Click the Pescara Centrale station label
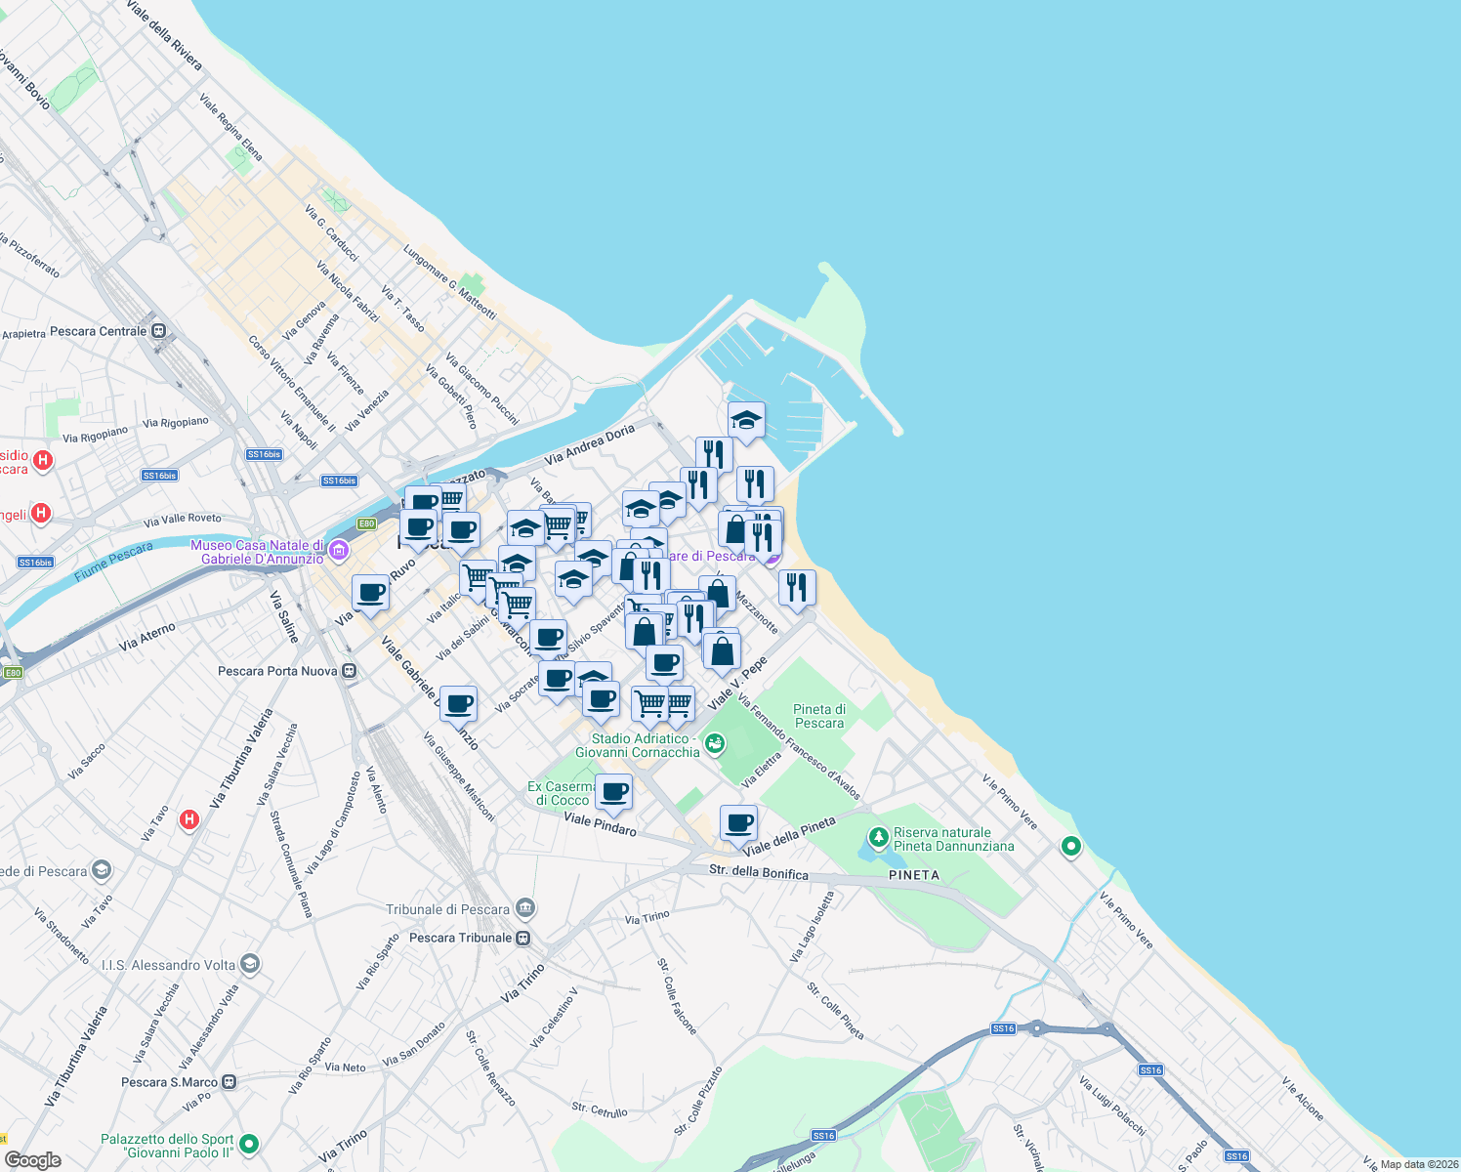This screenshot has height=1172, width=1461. pyautogui.click(x=98, y=331)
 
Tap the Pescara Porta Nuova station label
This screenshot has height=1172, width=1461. pyautogui.click(x=277, y=671)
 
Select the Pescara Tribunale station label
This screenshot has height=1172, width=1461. pyautogui.click(x=460, y=938)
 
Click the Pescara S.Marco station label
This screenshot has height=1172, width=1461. pyautogui.click(x=169, y=1082)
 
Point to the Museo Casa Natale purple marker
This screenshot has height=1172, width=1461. pyautogui.click(x=339, y=552)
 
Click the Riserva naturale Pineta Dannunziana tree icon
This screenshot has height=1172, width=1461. pyautogui.click(x=878, y=838)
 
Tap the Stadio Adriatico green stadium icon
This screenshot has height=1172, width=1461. pyautogui.click(x=714, y=744)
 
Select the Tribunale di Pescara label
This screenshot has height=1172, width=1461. pyautogui.click(x=448, y=909)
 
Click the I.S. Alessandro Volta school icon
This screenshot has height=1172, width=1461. pyautogui.click(x=249, y=965)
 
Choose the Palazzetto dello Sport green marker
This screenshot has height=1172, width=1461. pyautogui.click(x=249, y=1144)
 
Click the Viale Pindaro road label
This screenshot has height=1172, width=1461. pyautogui.click(x=600, y=824)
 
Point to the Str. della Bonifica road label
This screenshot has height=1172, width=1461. pyautogui.click(x=758, y=871)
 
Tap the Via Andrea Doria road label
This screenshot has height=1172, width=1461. pyautogui.click(x=590, y=444)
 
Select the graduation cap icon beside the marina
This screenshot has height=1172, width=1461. pyautogui.click(x=746, y=421)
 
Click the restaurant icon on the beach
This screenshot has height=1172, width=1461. pyautogui.click(x=797, y=588)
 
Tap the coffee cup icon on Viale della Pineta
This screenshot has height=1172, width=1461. pyautogui.click(x=739, y=822)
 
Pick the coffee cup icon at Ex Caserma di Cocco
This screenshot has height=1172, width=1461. pyautogui.click(x=613, y=792)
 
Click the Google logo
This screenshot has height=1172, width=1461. pyautogui.click(x=32, y=1159)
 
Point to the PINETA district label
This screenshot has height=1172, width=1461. pyautogui.click(x=914, y=875)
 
